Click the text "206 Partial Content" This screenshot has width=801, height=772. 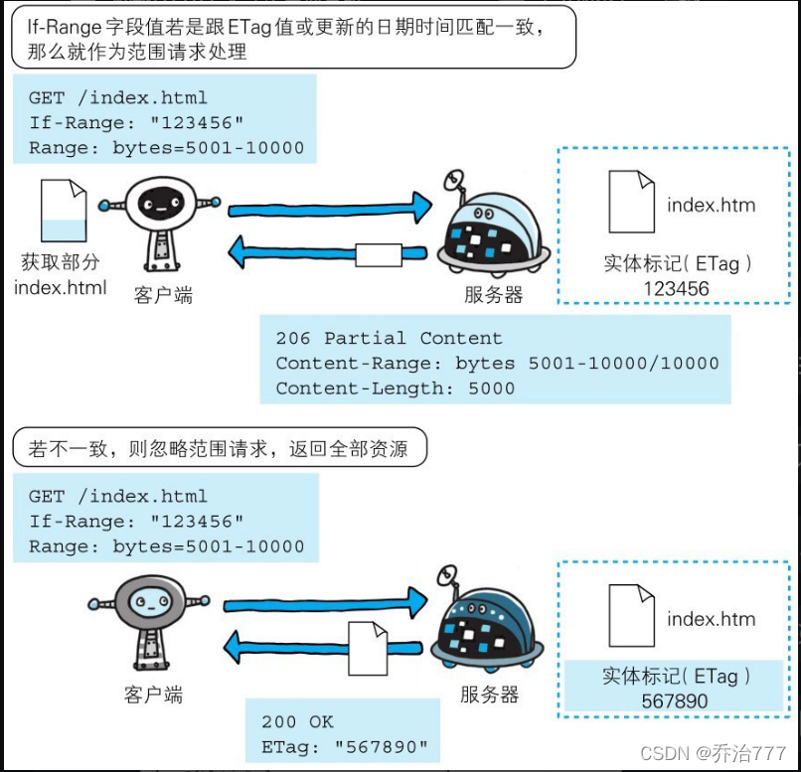click(x=389, y=338)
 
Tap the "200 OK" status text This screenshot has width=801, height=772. click(x=297, y=721)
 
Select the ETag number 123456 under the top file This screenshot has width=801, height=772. click(x=676, y=289)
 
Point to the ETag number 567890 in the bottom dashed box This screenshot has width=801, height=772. click(x=676, y=701)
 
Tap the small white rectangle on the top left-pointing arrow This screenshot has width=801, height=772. click(x=378, y=254)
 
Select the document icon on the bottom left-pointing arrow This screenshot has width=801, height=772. click(x=367, y=647)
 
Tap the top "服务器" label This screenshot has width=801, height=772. click(x=493, y=295)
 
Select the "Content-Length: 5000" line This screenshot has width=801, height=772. click(x=395, y=388)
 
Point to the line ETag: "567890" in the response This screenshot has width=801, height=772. click(x=345, y=747)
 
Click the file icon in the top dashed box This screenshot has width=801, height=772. click(x=631, y=201)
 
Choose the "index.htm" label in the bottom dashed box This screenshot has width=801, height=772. click(x=711, y=619)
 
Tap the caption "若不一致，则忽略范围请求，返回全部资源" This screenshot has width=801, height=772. click(x=219, y=449)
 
